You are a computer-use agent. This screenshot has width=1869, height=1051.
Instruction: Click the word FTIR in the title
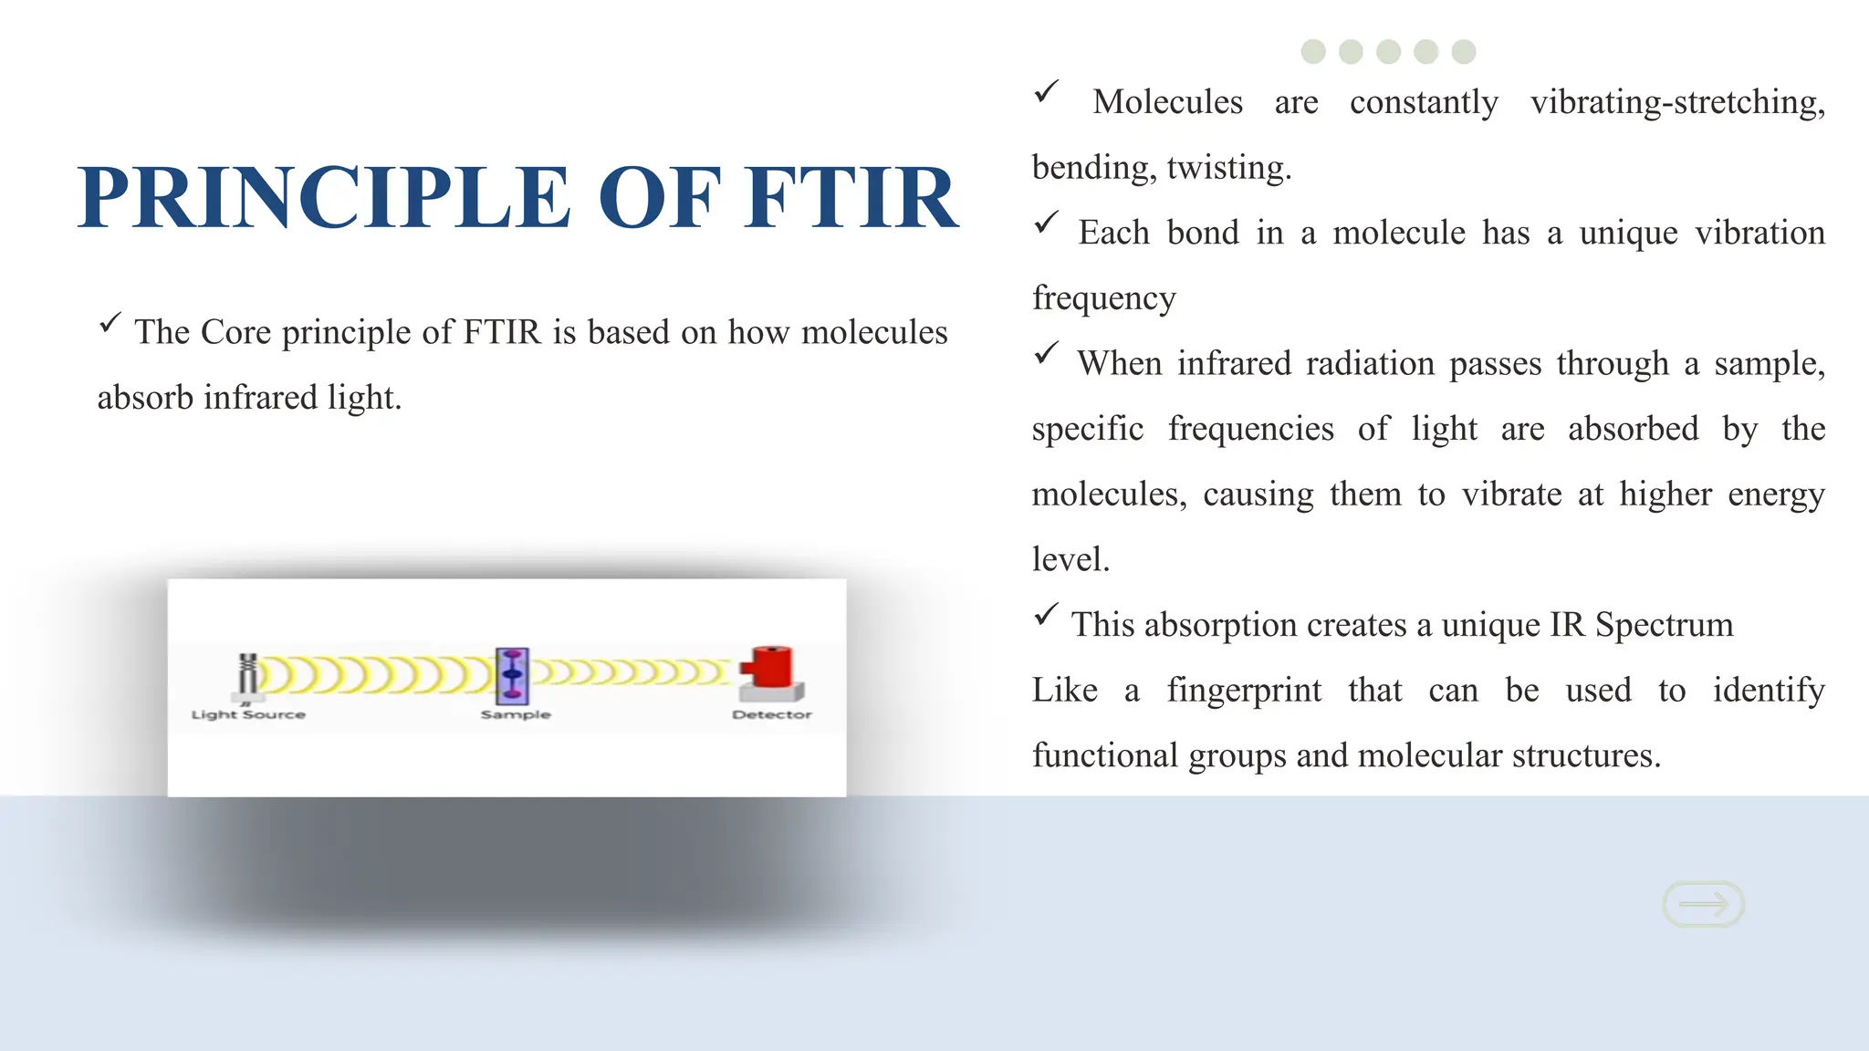point(851,198)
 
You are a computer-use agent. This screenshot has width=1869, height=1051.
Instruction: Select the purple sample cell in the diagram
point(513,675)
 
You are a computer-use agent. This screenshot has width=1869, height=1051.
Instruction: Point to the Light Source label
point(248,714)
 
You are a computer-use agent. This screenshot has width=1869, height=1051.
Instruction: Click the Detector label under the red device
point(771,714)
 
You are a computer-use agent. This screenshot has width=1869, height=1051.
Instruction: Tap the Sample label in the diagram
point(516,714)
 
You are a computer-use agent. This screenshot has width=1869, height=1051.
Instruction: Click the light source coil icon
point(247,676)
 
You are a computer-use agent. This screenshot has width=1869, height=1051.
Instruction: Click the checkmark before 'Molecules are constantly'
point(1046,92)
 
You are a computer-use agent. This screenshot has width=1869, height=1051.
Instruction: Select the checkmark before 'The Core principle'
point(110,322)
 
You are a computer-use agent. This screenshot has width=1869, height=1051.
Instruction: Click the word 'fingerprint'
point(1244,691)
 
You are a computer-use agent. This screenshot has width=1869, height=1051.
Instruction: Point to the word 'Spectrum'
point(1664,625)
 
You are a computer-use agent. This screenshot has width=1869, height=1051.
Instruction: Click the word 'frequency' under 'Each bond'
point(1104,298)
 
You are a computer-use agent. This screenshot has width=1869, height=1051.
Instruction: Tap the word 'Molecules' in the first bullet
point(1167,102)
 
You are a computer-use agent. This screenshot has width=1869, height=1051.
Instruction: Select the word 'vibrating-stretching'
point(1677,102)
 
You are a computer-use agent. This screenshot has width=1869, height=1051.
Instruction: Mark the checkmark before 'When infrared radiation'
point(1046,353)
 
